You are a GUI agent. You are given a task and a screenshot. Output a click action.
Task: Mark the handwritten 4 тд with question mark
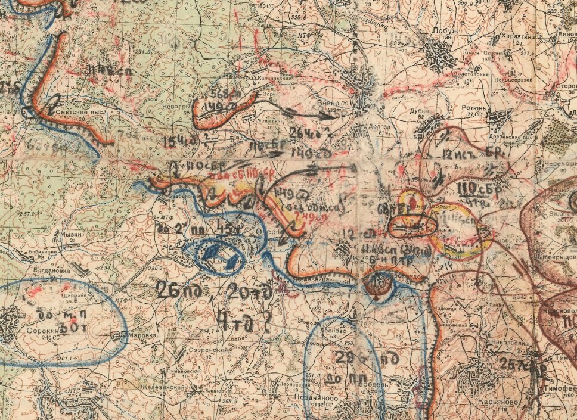(x=244, y=322)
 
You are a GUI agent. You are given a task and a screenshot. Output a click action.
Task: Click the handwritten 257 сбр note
(x=523, y=364)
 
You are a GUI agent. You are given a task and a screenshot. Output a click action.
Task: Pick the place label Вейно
(x=328, y=102)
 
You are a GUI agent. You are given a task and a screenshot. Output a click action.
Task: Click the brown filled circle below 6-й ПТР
(x=378, y=286)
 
